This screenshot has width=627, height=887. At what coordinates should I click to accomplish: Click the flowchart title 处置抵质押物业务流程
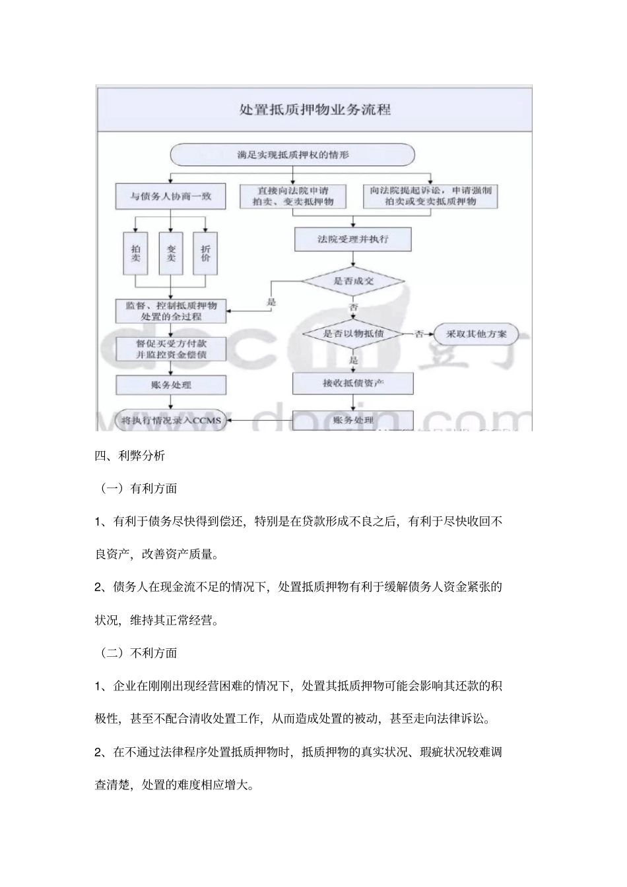point(314,109)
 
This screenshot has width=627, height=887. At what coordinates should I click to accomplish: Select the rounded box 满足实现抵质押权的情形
point(292,155)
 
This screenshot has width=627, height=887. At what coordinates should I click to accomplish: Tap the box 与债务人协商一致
point(170,196)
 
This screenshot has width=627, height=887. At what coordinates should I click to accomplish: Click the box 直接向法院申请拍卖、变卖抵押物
point(292,196)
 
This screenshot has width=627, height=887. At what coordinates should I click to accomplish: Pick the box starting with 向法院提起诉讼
point(430,196)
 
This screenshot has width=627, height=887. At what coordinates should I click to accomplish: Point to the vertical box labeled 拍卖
point(136,253)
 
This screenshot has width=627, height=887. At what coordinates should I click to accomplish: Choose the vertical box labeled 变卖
point(171,253)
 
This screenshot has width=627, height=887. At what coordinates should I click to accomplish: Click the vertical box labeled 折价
point(205,253)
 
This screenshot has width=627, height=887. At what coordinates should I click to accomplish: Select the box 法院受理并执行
point(352,239)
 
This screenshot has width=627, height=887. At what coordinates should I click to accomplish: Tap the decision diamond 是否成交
point(352,281)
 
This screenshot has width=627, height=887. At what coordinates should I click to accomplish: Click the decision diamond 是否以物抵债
point(352,334)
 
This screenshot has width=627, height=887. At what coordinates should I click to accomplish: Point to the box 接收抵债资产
point(352,383)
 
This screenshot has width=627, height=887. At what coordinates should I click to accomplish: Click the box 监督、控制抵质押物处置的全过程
point(171,311)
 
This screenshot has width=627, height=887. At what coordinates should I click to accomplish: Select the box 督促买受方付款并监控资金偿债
point(171,350)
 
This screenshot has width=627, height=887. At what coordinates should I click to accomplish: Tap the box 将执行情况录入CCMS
point(171,420)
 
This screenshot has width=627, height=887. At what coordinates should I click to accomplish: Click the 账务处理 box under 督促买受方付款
point(171,385)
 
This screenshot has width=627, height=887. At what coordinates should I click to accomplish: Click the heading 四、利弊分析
point(130,456)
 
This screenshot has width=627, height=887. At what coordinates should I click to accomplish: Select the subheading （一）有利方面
point(139,489)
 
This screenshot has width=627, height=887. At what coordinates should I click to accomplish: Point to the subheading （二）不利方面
point(139,653)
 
